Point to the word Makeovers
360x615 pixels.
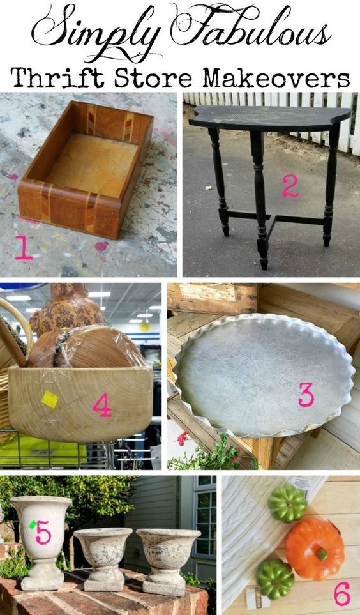click(x=276, y=78)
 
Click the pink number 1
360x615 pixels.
click(x=24, y=248)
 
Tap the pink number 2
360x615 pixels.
click(x=290, y=186)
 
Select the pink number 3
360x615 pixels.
click(x=306, y=394)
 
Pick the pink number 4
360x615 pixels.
click(x=102, y=405)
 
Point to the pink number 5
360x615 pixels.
click(x=43, y=532)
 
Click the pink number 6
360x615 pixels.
click(x=341, y=594)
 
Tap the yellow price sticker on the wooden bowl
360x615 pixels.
click(x=50, y=399)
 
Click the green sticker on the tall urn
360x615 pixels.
click(x=33, y=524)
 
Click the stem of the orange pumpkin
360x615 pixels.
click(x=322, y=554)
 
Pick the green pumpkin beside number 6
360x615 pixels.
click(x=275, y=579)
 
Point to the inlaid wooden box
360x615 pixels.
click(x=85, y=169)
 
